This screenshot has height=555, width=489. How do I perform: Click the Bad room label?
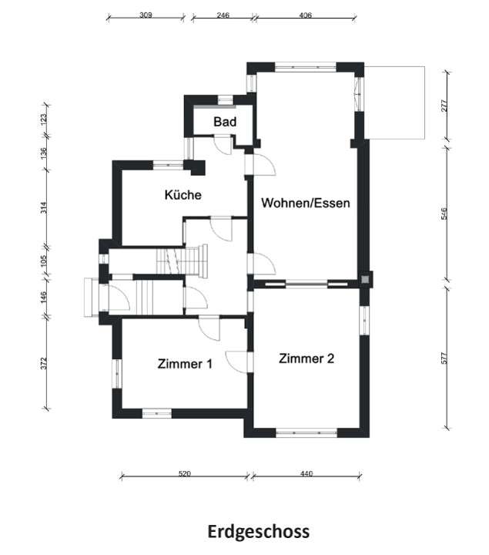(x=225, y=122)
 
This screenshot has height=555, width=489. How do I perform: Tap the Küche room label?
(x=183, y=195)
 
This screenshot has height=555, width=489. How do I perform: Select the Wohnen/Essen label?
(x=306, y=203)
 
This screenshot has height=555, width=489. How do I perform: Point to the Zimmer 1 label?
(x=185, y=363)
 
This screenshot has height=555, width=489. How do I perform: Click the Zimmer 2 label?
(x=306, y=358)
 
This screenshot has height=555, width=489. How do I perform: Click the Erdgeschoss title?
(x=259, y=532)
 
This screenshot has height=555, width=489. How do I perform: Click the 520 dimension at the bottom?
(x=184, y=474)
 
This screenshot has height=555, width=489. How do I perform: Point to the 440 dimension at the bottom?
(x=307, y=474)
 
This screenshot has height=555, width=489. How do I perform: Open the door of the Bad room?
(x=223, y=141)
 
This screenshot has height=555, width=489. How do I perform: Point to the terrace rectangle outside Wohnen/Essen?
(x=396, y=103)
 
